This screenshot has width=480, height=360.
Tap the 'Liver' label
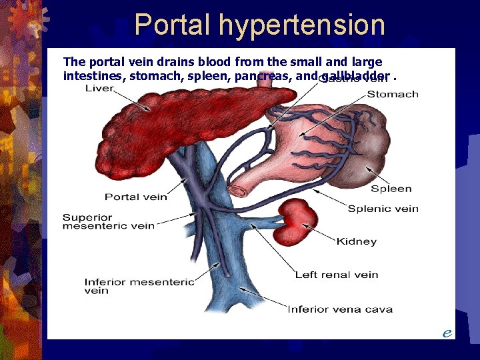click(x=99, y=89)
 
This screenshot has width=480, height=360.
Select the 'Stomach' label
click(x=393, y=94)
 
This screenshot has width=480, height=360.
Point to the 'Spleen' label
click(x=391, y=189)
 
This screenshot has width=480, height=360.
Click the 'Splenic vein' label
click(x=383, y=209)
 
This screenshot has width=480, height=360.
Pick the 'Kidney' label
click(x=356, y=241)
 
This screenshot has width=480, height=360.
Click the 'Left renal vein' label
click(x=337, y=274)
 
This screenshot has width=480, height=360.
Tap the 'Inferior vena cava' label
click(x=339, y=309)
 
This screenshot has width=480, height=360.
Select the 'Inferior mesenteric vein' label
click(x=139, y=286)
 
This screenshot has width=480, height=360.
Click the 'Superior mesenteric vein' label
click(x=108, y=221)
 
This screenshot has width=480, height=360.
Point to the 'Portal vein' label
click(x=136, y=197)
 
